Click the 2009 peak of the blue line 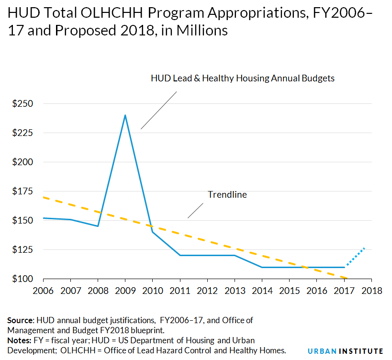[x=125, y=115]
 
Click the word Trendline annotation [x=227, y=195]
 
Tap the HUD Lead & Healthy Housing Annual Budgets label [x=242, y=79]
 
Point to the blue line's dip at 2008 [x=98, y=226]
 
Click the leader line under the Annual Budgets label [x=158, y=110]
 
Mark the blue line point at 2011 [x=180, y=255]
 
